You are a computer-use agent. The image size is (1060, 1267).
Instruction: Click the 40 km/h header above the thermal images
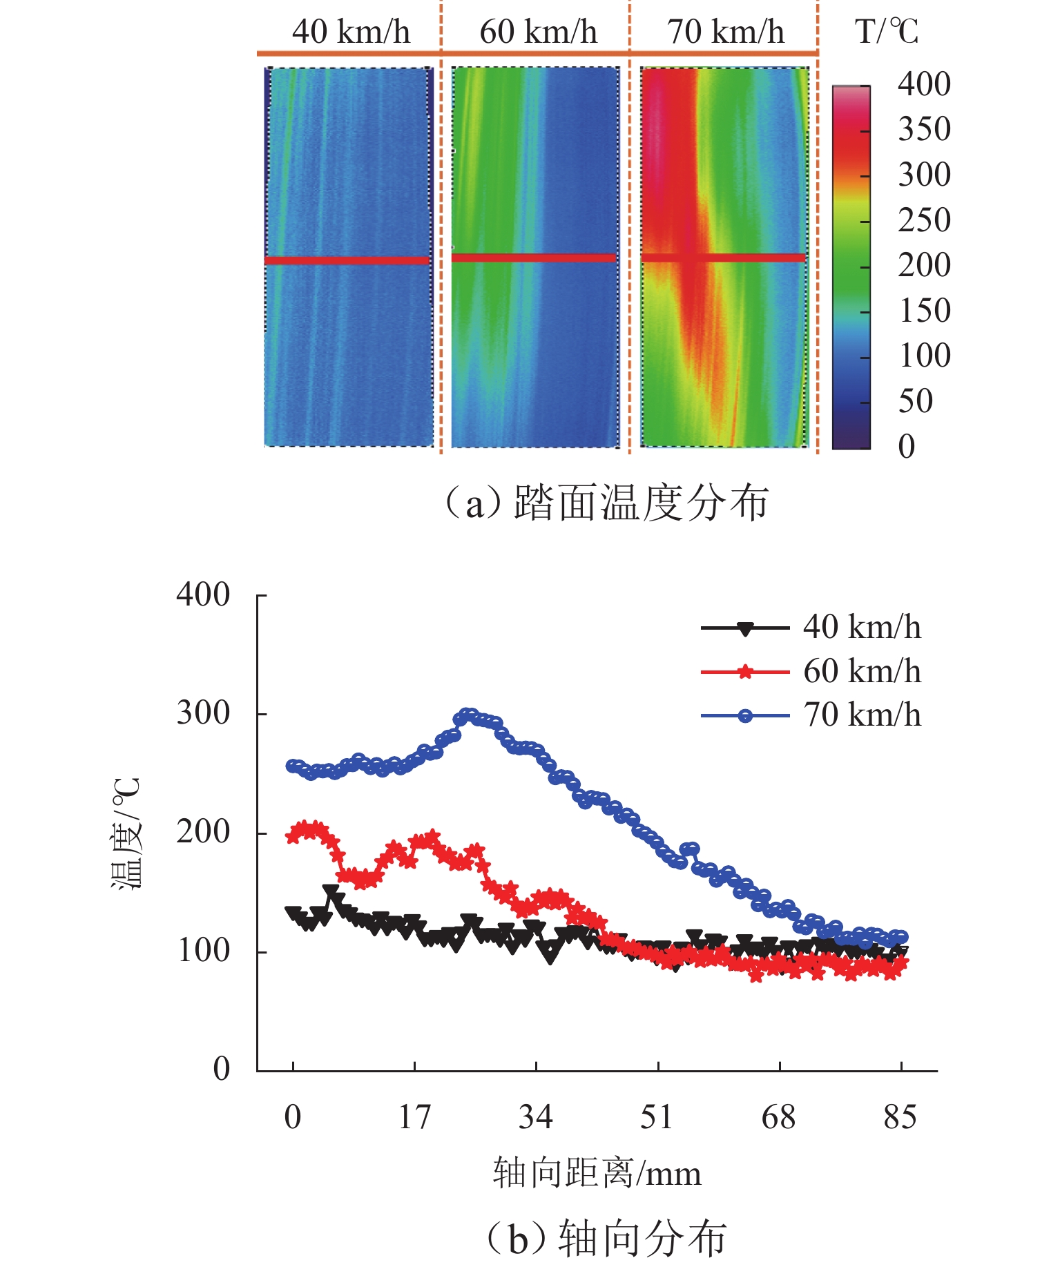[351, 32]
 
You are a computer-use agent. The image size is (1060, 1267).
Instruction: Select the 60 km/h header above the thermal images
[538, 32]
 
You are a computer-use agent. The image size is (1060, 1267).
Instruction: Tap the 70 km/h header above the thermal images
[725, 32]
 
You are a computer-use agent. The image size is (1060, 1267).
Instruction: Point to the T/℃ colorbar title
[887, 32]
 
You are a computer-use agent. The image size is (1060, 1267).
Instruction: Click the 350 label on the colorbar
[924, 129]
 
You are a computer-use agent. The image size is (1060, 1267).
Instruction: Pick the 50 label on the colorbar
[916, 401]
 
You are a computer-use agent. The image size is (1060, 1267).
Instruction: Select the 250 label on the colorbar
[924, 220]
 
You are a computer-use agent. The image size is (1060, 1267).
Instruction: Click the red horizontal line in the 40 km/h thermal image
[347, 260]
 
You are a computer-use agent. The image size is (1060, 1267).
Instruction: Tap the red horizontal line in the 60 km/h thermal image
[533, 258]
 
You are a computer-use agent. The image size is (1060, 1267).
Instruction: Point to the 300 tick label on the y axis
[203, 713]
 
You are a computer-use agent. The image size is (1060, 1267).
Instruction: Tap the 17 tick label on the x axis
[414, 1117]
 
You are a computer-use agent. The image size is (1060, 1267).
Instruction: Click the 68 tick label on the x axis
[779, 1117]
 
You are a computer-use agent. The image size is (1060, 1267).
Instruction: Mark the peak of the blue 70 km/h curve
[469, 714]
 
